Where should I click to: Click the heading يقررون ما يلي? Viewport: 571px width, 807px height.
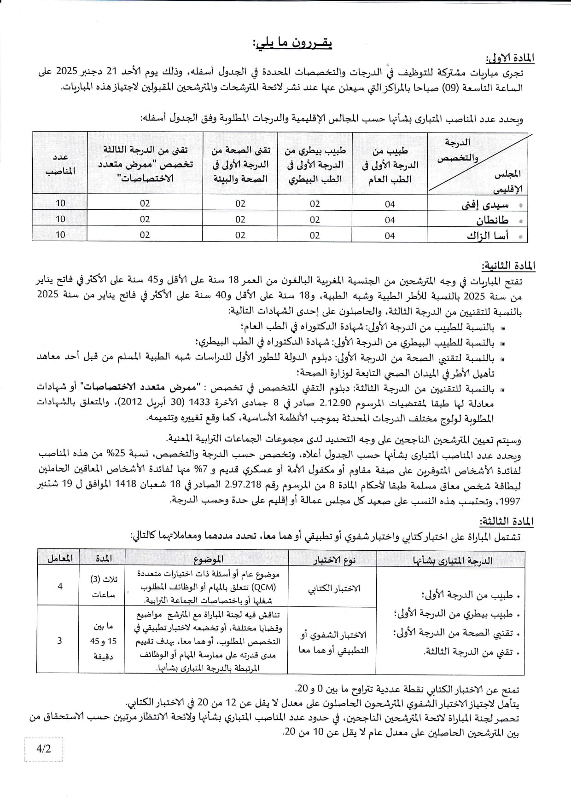292,44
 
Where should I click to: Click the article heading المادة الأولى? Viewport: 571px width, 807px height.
510,58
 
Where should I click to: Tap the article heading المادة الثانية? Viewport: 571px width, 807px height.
508,266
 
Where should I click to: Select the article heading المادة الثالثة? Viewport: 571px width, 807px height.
507,521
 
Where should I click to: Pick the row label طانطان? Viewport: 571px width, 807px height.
492,220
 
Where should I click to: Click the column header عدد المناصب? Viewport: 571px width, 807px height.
60,164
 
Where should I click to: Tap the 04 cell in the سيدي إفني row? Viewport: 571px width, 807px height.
390,204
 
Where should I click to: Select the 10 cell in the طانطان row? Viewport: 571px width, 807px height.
60,219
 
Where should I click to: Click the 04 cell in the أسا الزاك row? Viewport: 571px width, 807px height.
390,236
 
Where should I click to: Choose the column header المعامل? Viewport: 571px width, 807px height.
60,558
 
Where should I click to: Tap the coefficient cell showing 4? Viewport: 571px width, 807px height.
60,586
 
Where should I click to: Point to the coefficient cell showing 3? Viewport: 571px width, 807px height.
59,640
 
